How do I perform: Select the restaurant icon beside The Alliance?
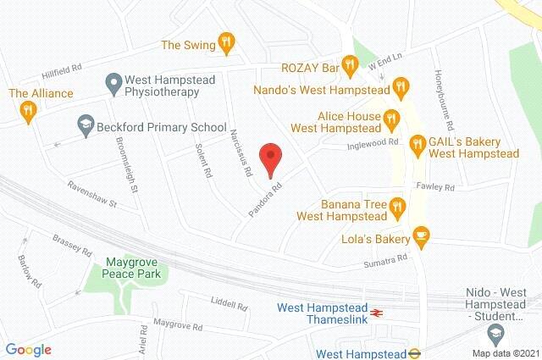pos(30,109)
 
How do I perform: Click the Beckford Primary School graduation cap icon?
pos(85,125)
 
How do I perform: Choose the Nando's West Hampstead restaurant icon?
pos(401,86)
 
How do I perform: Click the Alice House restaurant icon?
pos(391,119)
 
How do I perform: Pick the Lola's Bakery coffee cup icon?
pos(421,234)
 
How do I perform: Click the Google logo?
pos(28,350)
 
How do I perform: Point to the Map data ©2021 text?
pos(506,352)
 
